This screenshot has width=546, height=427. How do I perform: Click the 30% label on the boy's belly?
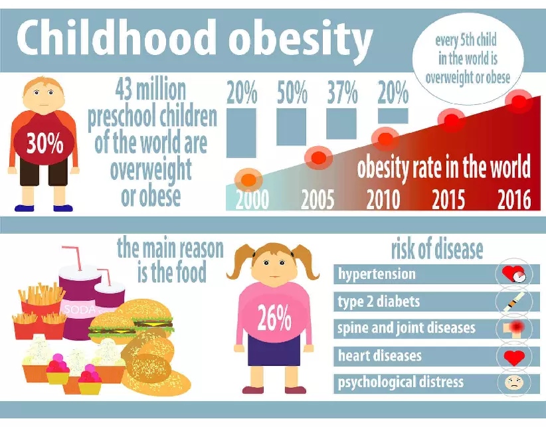click(45, 144)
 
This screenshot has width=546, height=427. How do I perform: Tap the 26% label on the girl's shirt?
click(274, 319)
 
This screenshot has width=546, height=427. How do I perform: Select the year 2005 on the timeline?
click(318, 200)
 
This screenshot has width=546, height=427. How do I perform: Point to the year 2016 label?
click(514, 200)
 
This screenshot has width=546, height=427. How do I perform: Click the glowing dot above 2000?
click(248, 179)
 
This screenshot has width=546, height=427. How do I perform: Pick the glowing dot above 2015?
click(454, 122)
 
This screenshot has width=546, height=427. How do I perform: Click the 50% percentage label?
click(292, 93)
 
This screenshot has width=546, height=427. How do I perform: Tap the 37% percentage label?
click(342, 93)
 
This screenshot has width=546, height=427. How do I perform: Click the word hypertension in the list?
click(377, 274)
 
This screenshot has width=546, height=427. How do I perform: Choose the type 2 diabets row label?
click(379, 301)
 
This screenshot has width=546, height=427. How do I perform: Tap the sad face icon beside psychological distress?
click(513, 383)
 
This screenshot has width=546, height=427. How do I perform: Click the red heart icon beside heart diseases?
click(513, 357)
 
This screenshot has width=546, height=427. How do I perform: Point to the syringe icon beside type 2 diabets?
click(513, 301)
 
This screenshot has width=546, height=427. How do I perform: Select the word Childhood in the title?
click(116, 39)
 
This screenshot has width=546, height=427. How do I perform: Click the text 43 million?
click(151, 89)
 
